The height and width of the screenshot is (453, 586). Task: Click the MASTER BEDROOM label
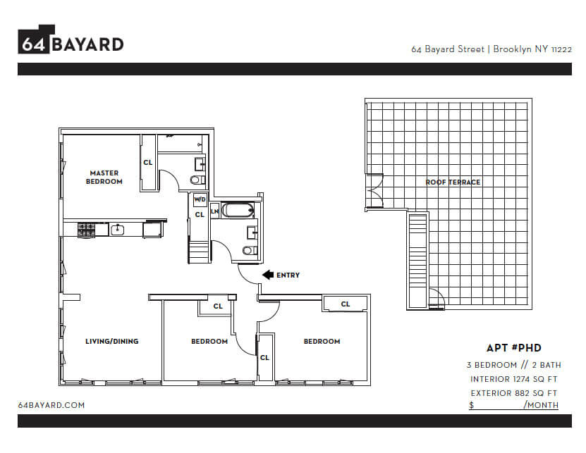[104, 178]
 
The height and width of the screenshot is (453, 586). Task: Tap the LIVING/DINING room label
[111, 342]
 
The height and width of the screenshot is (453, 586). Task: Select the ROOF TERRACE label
[453, 182]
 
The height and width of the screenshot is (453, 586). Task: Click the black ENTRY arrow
[269, 275]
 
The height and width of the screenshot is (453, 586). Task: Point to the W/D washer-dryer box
[200, 199]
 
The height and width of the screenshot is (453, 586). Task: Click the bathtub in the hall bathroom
[238, 210]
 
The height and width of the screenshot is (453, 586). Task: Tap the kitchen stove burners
[87, 230]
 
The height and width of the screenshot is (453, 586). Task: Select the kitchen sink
[117, 230]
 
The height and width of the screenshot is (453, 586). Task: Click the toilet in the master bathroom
[197, 180]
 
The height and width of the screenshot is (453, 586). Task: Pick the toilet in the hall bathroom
[250, 250]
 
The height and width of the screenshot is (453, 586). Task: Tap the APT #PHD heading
[514, 348]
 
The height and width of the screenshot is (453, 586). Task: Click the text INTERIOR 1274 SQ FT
[514, 379]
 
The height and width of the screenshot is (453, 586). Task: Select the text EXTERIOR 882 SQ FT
[514, 393]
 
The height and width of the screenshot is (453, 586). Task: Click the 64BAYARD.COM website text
[51, 405]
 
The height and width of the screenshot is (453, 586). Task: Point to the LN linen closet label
[214, 211]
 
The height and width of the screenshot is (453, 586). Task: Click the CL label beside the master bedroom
[148, 163]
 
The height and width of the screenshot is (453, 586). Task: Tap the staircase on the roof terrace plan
[417, 261]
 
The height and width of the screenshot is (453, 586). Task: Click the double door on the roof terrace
[375, 190]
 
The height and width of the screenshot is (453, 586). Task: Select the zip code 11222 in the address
[561, 50]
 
